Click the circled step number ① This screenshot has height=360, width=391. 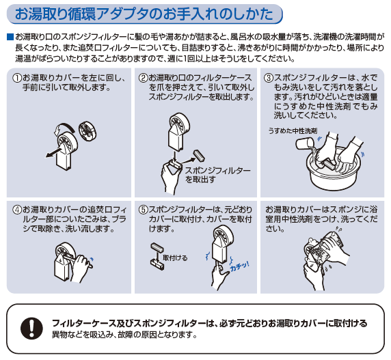coord(16,79)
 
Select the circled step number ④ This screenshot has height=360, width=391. coord(16,210)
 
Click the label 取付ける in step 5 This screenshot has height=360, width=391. coord(175,258)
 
